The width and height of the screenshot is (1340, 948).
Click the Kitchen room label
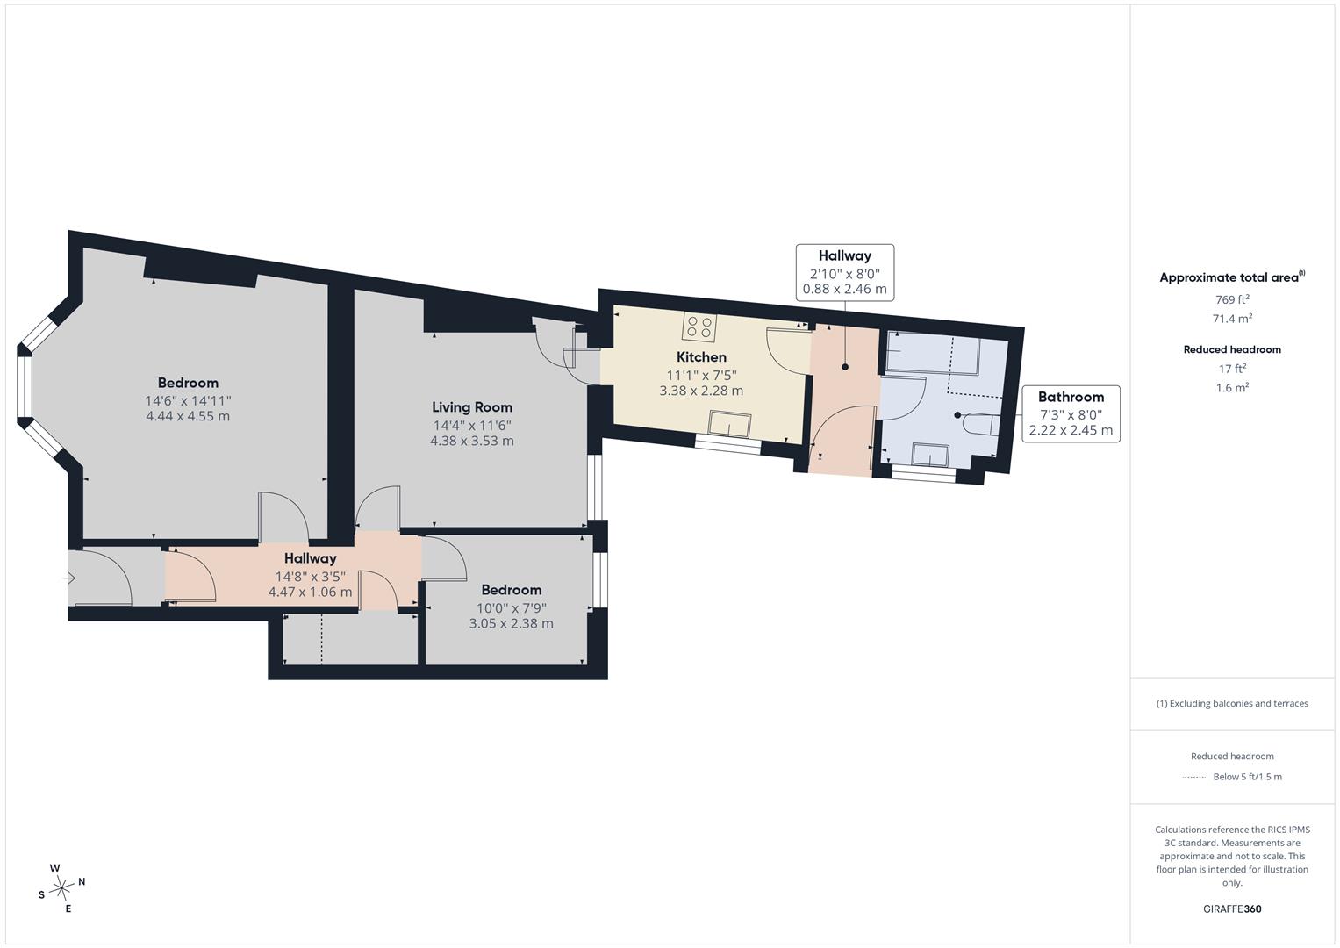(x=701, y=356)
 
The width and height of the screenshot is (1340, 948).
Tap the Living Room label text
(x=472, y=407)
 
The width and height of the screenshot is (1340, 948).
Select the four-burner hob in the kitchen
(x=699, y=327)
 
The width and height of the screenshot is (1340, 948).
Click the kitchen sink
(x=729, y=424)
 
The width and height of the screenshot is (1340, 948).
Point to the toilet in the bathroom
(x=982, y=424)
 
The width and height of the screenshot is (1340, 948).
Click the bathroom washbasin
(x=930, y=455)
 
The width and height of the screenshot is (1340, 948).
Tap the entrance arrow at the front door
(x=69, y=578)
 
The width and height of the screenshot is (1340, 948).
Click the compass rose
(x=61, y=888)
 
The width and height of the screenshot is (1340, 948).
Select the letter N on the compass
(x=82, y=881)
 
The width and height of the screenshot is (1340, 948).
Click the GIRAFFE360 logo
(x=1232, y=908)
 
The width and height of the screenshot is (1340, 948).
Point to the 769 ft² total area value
(x=1232, y=299)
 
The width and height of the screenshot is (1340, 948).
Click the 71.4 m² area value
(x=1232, y=319)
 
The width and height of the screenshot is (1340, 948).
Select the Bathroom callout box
(x=1071, y=413)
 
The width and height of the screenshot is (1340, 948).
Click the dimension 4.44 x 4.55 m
(x=188, y=416)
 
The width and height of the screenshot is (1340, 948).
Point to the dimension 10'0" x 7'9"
(x=512, y=608)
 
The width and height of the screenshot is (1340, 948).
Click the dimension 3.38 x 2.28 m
(x=701, y=391)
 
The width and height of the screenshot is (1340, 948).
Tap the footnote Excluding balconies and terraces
(x=1232, y=703)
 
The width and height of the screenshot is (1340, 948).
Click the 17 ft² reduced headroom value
(x=1232, y=369)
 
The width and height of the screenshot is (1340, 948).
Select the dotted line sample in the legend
(x=1194, y=777)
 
